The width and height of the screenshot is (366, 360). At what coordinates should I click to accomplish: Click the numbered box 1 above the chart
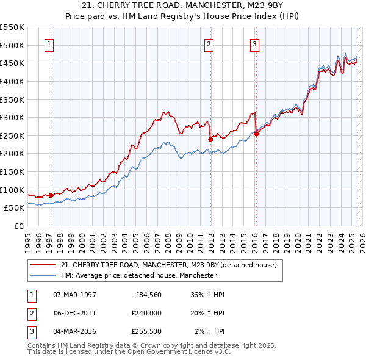(49, 43)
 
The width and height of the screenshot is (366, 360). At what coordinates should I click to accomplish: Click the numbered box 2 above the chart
(209, 43)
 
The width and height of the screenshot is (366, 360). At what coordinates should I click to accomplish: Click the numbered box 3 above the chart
(254, 43)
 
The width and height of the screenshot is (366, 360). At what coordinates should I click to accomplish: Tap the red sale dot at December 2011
(210, 139)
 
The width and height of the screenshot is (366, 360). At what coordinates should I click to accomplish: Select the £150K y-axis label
(12, 171)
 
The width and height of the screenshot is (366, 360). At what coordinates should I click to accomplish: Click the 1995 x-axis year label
(27, 240)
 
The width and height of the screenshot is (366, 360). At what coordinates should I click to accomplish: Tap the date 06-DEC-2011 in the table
(75, 313)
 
